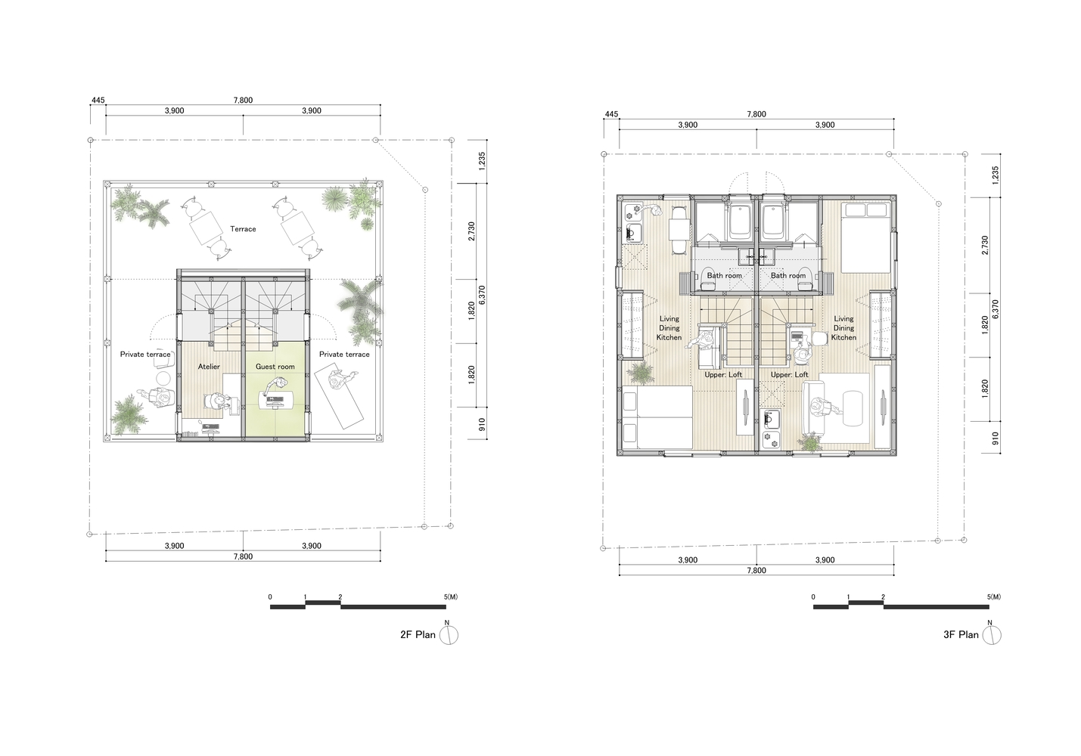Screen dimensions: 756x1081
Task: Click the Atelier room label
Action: pyautogui.click(x=209, y=367)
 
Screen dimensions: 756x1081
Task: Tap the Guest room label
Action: pyautogui.click(x=275, y=367)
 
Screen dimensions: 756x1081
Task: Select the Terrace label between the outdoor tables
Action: pyautogui.click(x=243, y=229)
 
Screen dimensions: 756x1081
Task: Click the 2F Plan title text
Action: pyautogui.click(x=418, y=635)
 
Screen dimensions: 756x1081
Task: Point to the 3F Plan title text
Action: pyautogui.click(x=961, y=635)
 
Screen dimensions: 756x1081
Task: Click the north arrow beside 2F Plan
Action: pyautogui.click(x=449, y=634)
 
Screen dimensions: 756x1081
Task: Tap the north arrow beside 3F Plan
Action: pyautogui.click(x=992, y=634)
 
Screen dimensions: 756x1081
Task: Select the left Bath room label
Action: pyautogui.click(x=724, y=276)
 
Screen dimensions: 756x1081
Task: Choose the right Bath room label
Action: pyautogui.click(x=787, y=276)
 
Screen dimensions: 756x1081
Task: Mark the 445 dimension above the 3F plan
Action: pyautogui.click(x=611, y=115)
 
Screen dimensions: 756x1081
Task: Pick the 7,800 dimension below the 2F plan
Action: pyautogui.click(x=243, y=556)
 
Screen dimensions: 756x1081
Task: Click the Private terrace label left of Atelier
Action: pyautogui.click(x=145, y=354)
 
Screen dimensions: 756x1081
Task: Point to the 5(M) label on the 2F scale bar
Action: pyautogui.click(x=451, y=597)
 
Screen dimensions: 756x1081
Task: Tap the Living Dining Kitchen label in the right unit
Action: pyautogui.click(x=843, y=328)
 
